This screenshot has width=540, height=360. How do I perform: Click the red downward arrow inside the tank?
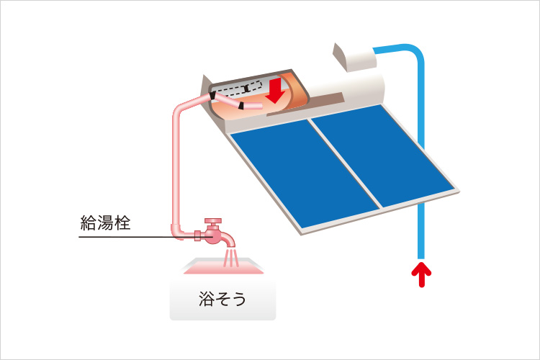(274, 90)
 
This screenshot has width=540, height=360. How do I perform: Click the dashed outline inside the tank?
(238, 89)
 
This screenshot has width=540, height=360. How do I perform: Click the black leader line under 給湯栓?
(122, 235)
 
